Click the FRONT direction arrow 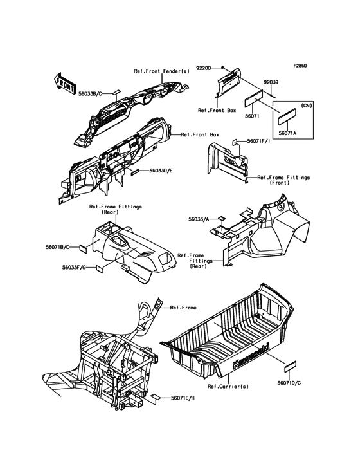64,82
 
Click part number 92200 204,68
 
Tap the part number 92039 271,82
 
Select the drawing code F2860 300,66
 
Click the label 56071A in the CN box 287,133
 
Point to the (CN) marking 306,106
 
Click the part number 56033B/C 90,94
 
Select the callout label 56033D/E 161,171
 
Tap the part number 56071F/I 258,140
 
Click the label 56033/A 199,219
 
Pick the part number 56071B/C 58,247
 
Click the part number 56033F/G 74,267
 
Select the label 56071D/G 289,383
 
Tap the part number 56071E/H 183,398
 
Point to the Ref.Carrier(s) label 228,387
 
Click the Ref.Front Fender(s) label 162,71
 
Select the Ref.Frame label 183,308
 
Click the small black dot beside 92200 222,68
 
